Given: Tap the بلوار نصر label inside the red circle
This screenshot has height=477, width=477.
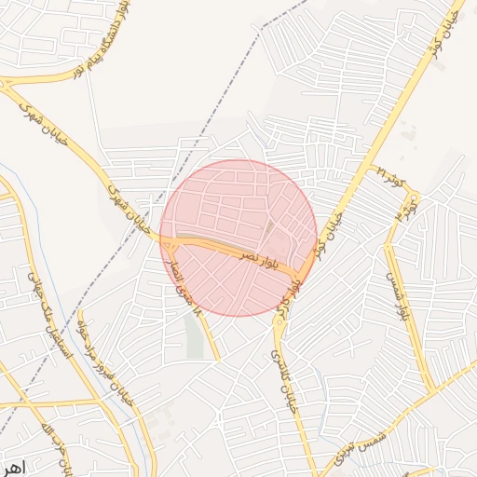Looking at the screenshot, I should click(257, 257).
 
